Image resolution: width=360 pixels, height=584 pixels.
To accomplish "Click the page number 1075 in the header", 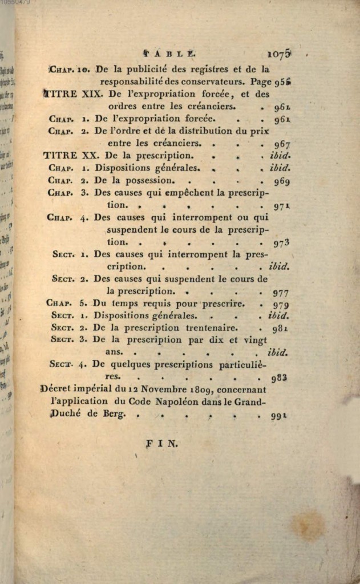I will coord(280,54).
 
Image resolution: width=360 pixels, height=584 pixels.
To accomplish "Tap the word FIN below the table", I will coord(162,443).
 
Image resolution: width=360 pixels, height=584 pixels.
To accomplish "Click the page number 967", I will coord(281,144).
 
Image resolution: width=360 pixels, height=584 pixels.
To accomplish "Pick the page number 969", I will coord(281,181).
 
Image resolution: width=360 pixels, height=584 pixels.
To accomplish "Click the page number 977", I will coord(280,293).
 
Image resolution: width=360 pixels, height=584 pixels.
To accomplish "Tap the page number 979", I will coord(280,305).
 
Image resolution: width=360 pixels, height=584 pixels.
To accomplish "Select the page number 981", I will coord(280,328).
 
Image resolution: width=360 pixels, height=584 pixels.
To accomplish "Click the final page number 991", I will coord(278,416).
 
